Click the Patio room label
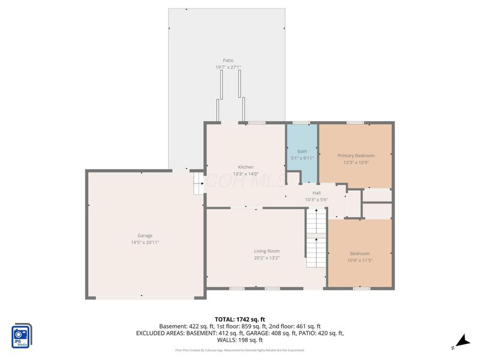(x=228, y=60)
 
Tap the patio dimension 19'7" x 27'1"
(x=228, y=67)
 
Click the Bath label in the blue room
(x=302, y=151)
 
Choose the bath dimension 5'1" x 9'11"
(x=302, y=158)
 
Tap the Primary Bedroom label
(x=355, y=155)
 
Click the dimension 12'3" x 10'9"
(x=355, y=163)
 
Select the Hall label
(x=316, y=193)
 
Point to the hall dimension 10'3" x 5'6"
(x=316, y=200)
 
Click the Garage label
(x=145, y=235)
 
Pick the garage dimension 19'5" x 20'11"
(x=145, y=242)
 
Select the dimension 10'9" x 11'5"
(x=360, y=261)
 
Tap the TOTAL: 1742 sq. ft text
(x=240, y=319)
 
